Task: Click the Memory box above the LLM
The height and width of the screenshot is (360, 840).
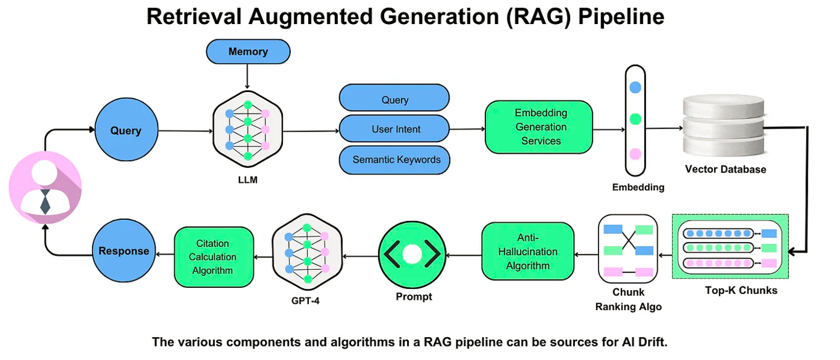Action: [x=248, y=51]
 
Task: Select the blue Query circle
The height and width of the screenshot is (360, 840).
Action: [x=126, y=130]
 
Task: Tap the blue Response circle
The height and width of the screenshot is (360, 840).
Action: [x=124, y=251]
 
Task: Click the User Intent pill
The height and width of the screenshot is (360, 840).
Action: [x=395, y=129]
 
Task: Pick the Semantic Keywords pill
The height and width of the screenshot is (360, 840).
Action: [x=395, y=159]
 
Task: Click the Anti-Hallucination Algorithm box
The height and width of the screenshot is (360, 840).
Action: [x=527, y=251]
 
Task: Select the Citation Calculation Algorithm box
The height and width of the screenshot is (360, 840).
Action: [x=214, y=257]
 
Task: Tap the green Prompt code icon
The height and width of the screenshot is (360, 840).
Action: [x=411, y=254]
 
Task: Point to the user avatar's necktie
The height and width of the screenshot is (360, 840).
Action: [x=45, y=201]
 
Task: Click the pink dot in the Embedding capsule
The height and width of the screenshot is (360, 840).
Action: [x=635, y=154]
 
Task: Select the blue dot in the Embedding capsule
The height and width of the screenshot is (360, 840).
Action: [x=635, y=87]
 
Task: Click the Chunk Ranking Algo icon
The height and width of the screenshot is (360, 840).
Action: [x=628, y=248]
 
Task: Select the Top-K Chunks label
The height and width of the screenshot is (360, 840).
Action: [x=741, y=290]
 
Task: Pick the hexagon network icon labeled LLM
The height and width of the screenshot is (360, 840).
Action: [x=247, y=130]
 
